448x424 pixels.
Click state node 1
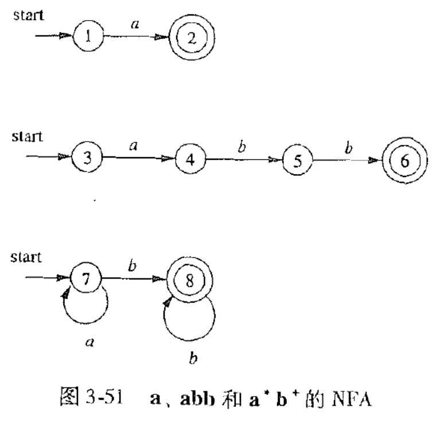[x=88, y=38]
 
